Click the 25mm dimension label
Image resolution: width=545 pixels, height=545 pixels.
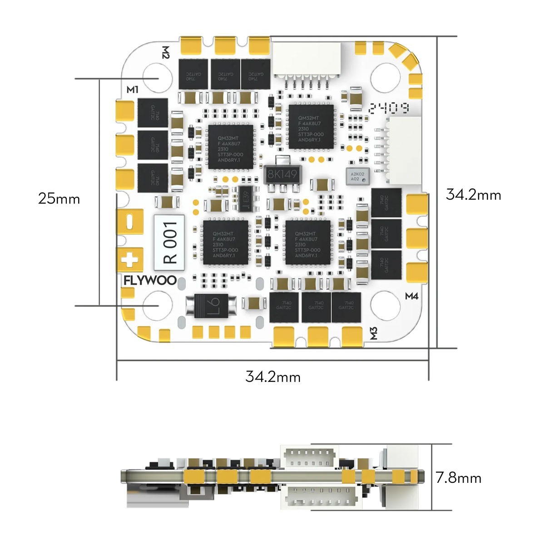point(59,198)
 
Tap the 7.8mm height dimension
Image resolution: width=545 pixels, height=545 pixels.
point(458,478)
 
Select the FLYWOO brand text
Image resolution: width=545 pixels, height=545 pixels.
point(150,281)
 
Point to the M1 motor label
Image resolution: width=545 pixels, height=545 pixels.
point(132,89)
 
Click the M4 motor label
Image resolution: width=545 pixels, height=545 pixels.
point(411,297)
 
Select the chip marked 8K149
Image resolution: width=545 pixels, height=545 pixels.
point(282,174)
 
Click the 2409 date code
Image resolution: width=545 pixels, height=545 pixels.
point(389,108)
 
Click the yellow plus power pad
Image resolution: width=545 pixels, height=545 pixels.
point(130,260)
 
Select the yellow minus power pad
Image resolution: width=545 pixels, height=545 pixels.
point(130,222)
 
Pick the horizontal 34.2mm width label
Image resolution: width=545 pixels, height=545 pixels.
point(273,377)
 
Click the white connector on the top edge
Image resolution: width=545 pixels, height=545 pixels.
point(308,59)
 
